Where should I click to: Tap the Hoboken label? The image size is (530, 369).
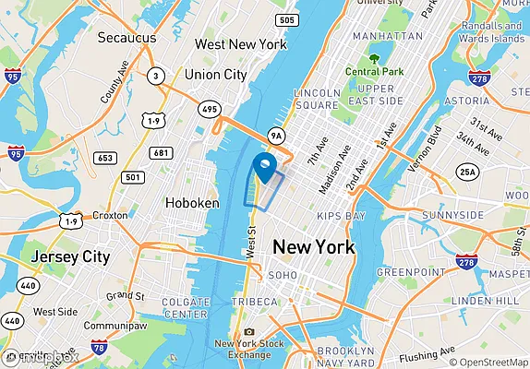(x=192, y=203)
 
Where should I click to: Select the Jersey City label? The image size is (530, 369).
(x=70, y=256)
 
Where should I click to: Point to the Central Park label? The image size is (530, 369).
(x=375, y=71)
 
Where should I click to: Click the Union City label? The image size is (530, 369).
(x=216, y=74)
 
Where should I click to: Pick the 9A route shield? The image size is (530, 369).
(x=275, y=137)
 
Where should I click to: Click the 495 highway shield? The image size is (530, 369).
(x=211, y=110)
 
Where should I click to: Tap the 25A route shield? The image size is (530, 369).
(x=469, y=172)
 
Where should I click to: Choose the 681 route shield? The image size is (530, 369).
(x=162, y=153)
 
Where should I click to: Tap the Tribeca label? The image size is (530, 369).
(x=256, y=302)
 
